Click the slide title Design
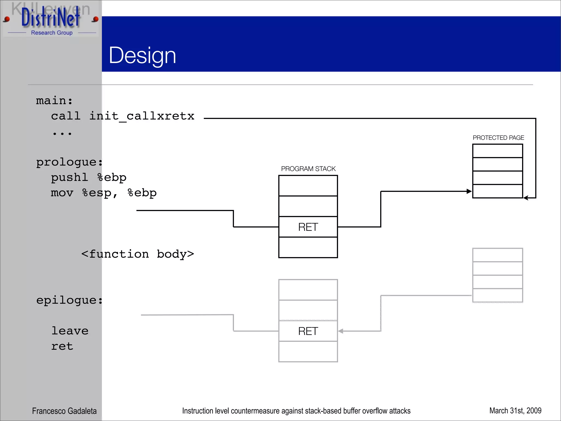tap(142, 55)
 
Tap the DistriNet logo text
tap(51, 18)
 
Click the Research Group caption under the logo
tap(52, 33)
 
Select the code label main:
tap(54, 101)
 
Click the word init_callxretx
tap(142, 116)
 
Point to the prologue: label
tap(69, 162)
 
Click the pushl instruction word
tap(70, 177)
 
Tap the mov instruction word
tap(62, 193)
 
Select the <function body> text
tap(138, 254)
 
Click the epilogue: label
tap(69, 300)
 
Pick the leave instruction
tap(70, 331)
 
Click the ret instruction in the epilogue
tap(62, 346)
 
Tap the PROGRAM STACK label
tap(308, 169)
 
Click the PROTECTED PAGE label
tap(498, 138)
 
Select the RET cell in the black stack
tap(308, 227)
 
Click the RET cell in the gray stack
tap(308, 331)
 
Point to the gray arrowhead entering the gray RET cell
tap(341, 331)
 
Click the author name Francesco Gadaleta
tap(64, 411)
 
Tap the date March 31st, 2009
tap(515, 411)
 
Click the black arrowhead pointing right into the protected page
tap(469, 191)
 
